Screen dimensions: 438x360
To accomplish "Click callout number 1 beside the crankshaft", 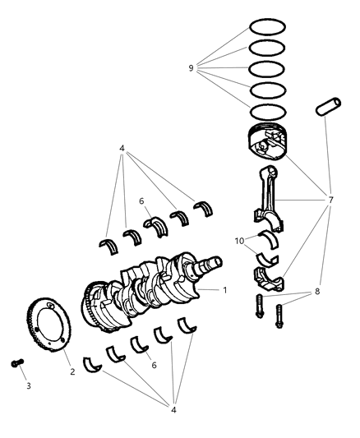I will coord(225,290).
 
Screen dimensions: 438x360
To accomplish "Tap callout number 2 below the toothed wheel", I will coord(72,371).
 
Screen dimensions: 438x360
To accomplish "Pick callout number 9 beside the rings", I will coord(191,69).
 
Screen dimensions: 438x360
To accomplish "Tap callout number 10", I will coord(238,242).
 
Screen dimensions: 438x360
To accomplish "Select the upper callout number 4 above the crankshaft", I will coord(122,149).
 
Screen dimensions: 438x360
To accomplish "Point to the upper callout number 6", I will coord(141,201).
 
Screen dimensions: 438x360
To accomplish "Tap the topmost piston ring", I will coord(267,28).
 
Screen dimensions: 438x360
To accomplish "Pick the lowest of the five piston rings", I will coord(267,112).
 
